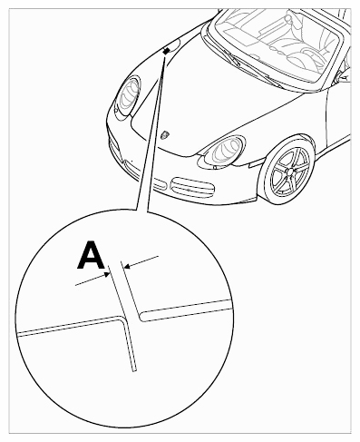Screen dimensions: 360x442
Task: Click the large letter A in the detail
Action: tap(91, 255)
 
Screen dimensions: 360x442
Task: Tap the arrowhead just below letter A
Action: tap(107, 274)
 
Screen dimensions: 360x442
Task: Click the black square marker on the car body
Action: tap(166, 52)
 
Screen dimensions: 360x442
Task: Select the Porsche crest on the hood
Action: tap(165, 135)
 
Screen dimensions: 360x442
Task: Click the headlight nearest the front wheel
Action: tap(224, 151)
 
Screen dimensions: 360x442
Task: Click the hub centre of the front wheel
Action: tap(290, 172)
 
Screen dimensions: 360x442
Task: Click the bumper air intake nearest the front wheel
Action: tap(192, 187)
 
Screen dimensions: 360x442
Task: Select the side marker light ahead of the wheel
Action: tap(257, 162)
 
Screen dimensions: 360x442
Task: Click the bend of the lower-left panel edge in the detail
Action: tap(123, 319)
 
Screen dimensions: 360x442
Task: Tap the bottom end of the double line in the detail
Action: tap(134, 370)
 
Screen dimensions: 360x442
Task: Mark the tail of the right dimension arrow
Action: tap(158, 257)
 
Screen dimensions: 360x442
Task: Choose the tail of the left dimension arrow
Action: tap(76, 284)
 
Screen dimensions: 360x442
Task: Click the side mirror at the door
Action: tap(344, 74)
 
